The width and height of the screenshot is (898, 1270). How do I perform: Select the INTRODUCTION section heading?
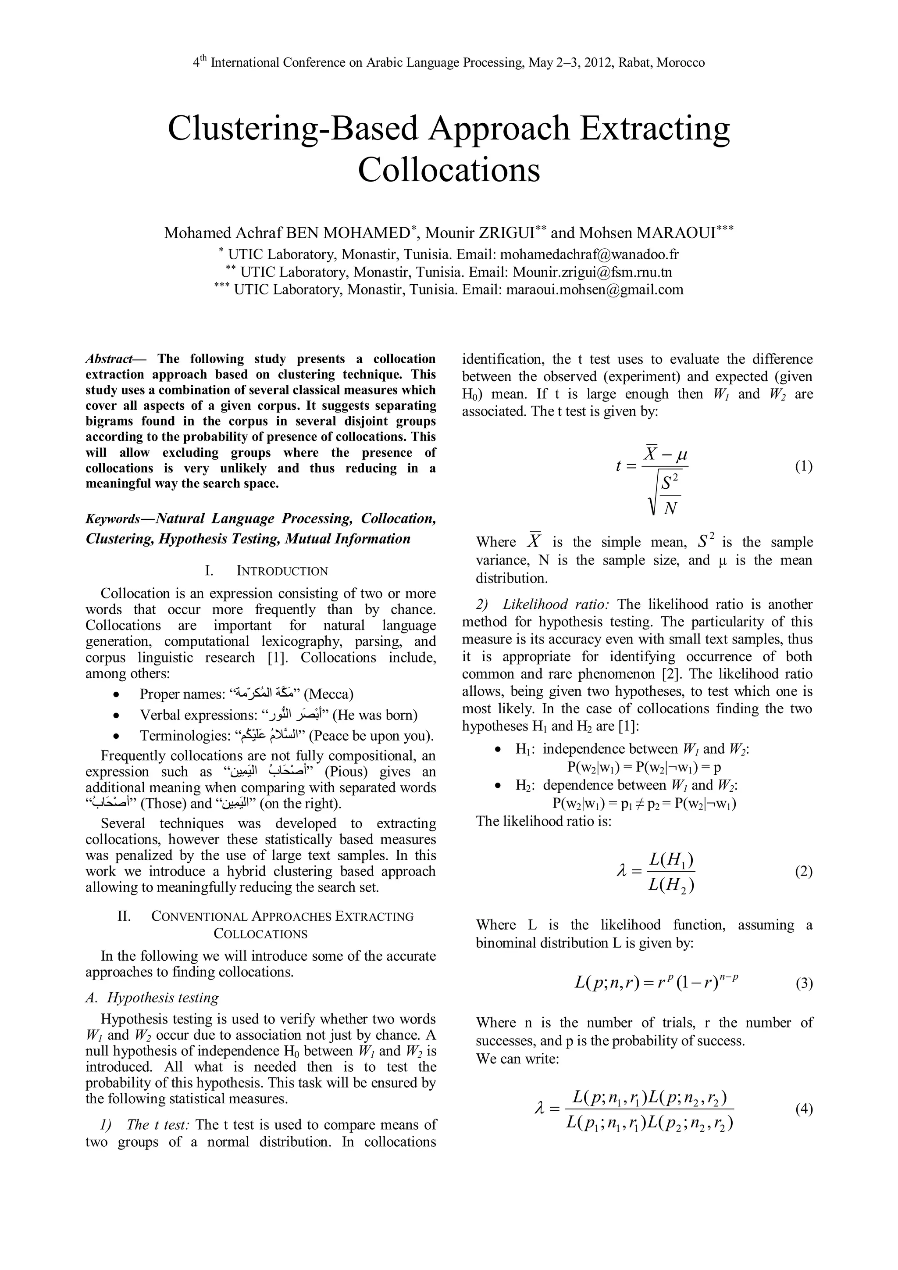282,571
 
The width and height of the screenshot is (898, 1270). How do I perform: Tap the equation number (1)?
803,466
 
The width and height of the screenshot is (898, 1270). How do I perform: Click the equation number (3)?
803,984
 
